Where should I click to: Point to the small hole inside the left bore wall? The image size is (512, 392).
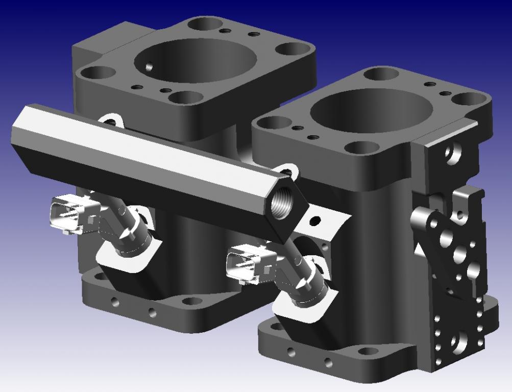149,66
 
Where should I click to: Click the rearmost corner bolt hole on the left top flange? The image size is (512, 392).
206,23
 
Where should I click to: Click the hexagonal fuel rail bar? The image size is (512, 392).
148,153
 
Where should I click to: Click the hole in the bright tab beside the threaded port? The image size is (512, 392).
316,221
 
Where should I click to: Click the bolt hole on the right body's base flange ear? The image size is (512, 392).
367,352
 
